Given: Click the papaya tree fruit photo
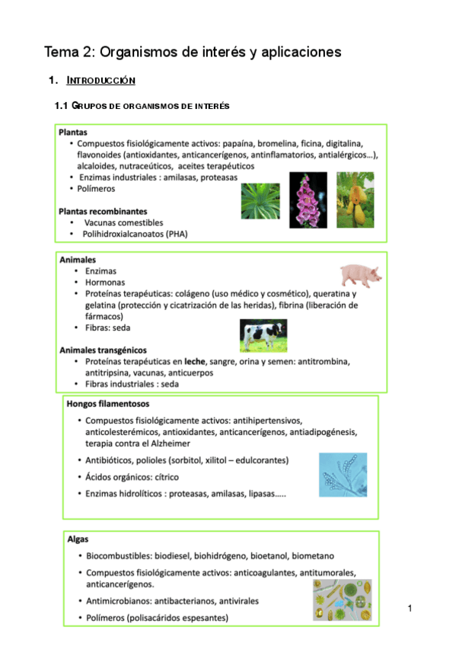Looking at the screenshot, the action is pyautogui.click(x=355, y=199).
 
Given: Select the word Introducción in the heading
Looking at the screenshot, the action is pyautogui.click(x=101, y=80).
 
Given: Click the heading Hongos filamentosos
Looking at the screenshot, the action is pyautogui.click(x=108, y=404).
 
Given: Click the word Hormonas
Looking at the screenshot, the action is pyautogui.click(x=107, y=282).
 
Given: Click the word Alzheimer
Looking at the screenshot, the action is pyautogui.click(x=168, y=443).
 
